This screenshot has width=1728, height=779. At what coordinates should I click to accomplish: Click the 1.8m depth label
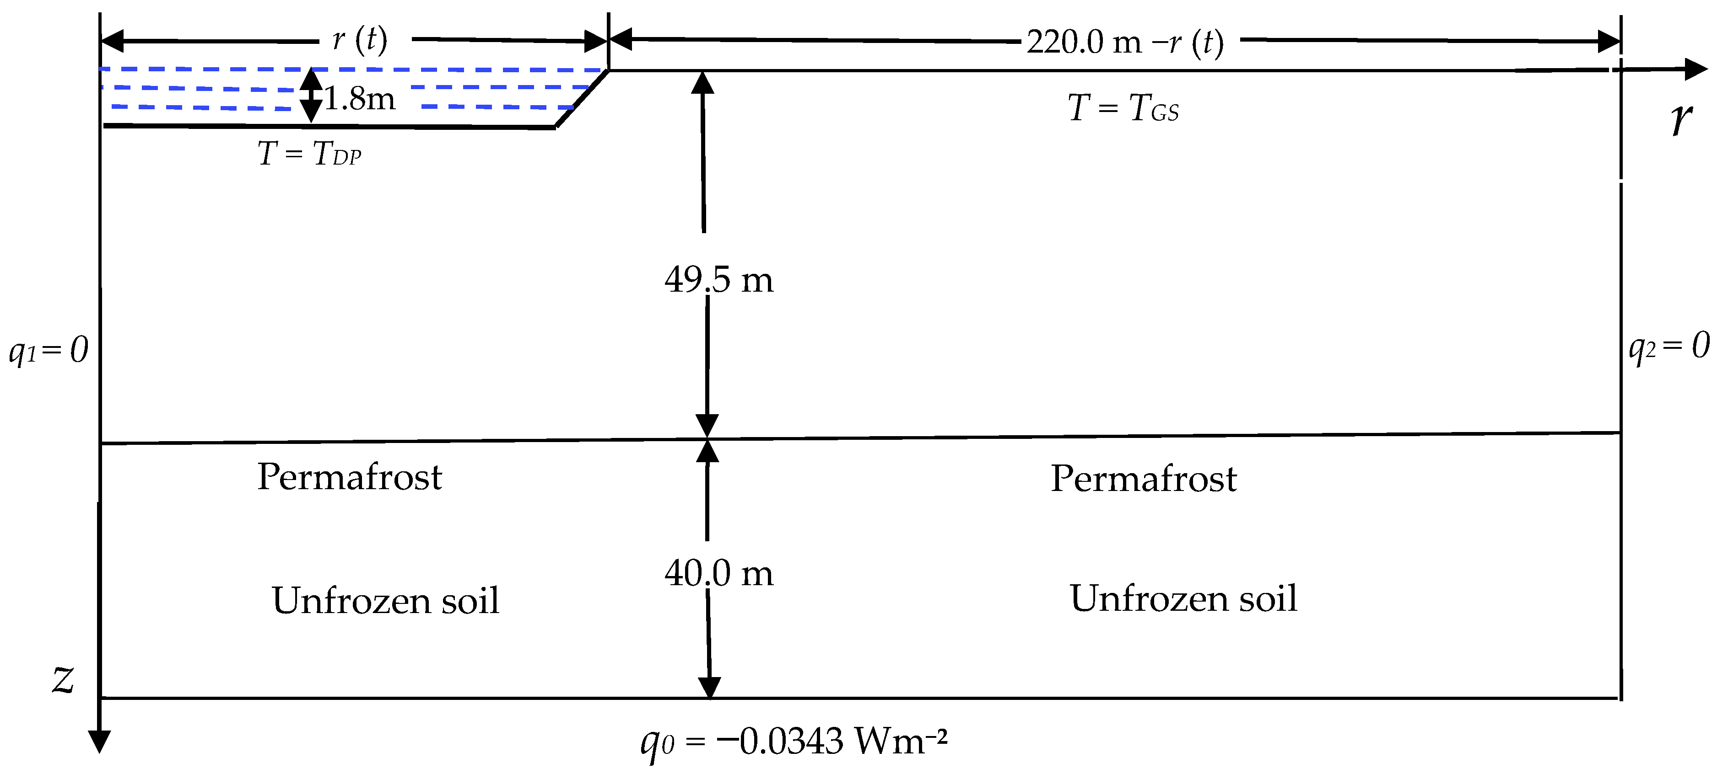[x=360, y=99]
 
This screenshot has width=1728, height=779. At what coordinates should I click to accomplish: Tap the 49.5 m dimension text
[x=718, y=280]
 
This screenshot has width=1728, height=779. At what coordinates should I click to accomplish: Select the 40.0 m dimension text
[x=718, y=573]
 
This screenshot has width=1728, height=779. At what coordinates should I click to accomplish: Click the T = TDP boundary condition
[x=309, y=154]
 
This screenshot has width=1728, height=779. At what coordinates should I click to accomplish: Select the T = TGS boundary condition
[x=1123, y=109]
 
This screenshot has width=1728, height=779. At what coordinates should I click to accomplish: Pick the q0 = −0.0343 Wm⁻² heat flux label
[x=794, y=742]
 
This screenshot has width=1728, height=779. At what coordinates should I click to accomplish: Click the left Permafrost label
[x=350, y=477]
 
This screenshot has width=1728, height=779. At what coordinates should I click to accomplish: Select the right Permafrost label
[x=1143, y=479]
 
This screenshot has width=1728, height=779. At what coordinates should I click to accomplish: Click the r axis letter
[x=1681, y=120]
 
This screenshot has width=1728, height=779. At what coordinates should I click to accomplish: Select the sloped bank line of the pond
[x=582, y=98]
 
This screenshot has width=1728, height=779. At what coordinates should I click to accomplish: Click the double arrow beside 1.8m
[x=311, y=95]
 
